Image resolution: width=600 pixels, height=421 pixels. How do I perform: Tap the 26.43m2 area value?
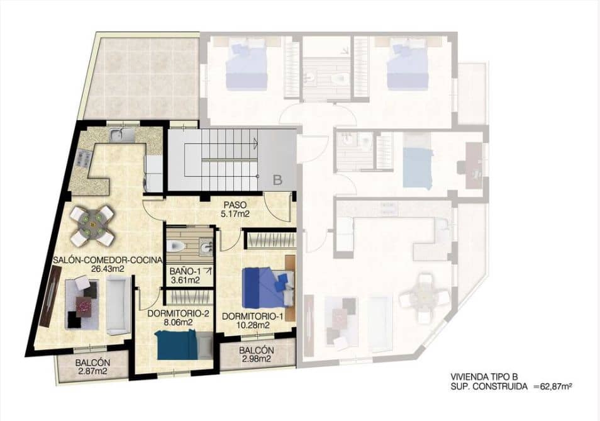(x=107, y=269)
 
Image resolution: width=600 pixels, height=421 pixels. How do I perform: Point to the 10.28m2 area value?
(x=255, y=325)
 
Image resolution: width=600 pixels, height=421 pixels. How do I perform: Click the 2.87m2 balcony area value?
(x=93, y=372)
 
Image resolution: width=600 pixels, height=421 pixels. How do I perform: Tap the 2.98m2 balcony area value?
(x=256, y=359)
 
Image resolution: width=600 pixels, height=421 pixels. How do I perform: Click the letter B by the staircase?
(x=277, y=179)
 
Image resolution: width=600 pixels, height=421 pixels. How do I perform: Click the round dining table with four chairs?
(x=92, y=225)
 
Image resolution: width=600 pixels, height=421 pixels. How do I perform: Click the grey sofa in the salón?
(x=118, y=306)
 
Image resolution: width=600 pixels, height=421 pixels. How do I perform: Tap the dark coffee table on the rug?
(x=84, y=305)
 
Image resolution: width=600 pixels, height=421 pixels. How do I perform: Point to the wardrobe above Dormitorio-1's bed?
(x=270, y=240)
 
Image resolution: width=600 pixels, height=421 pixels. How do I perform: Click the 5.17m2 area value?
(x=235, y=215)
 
